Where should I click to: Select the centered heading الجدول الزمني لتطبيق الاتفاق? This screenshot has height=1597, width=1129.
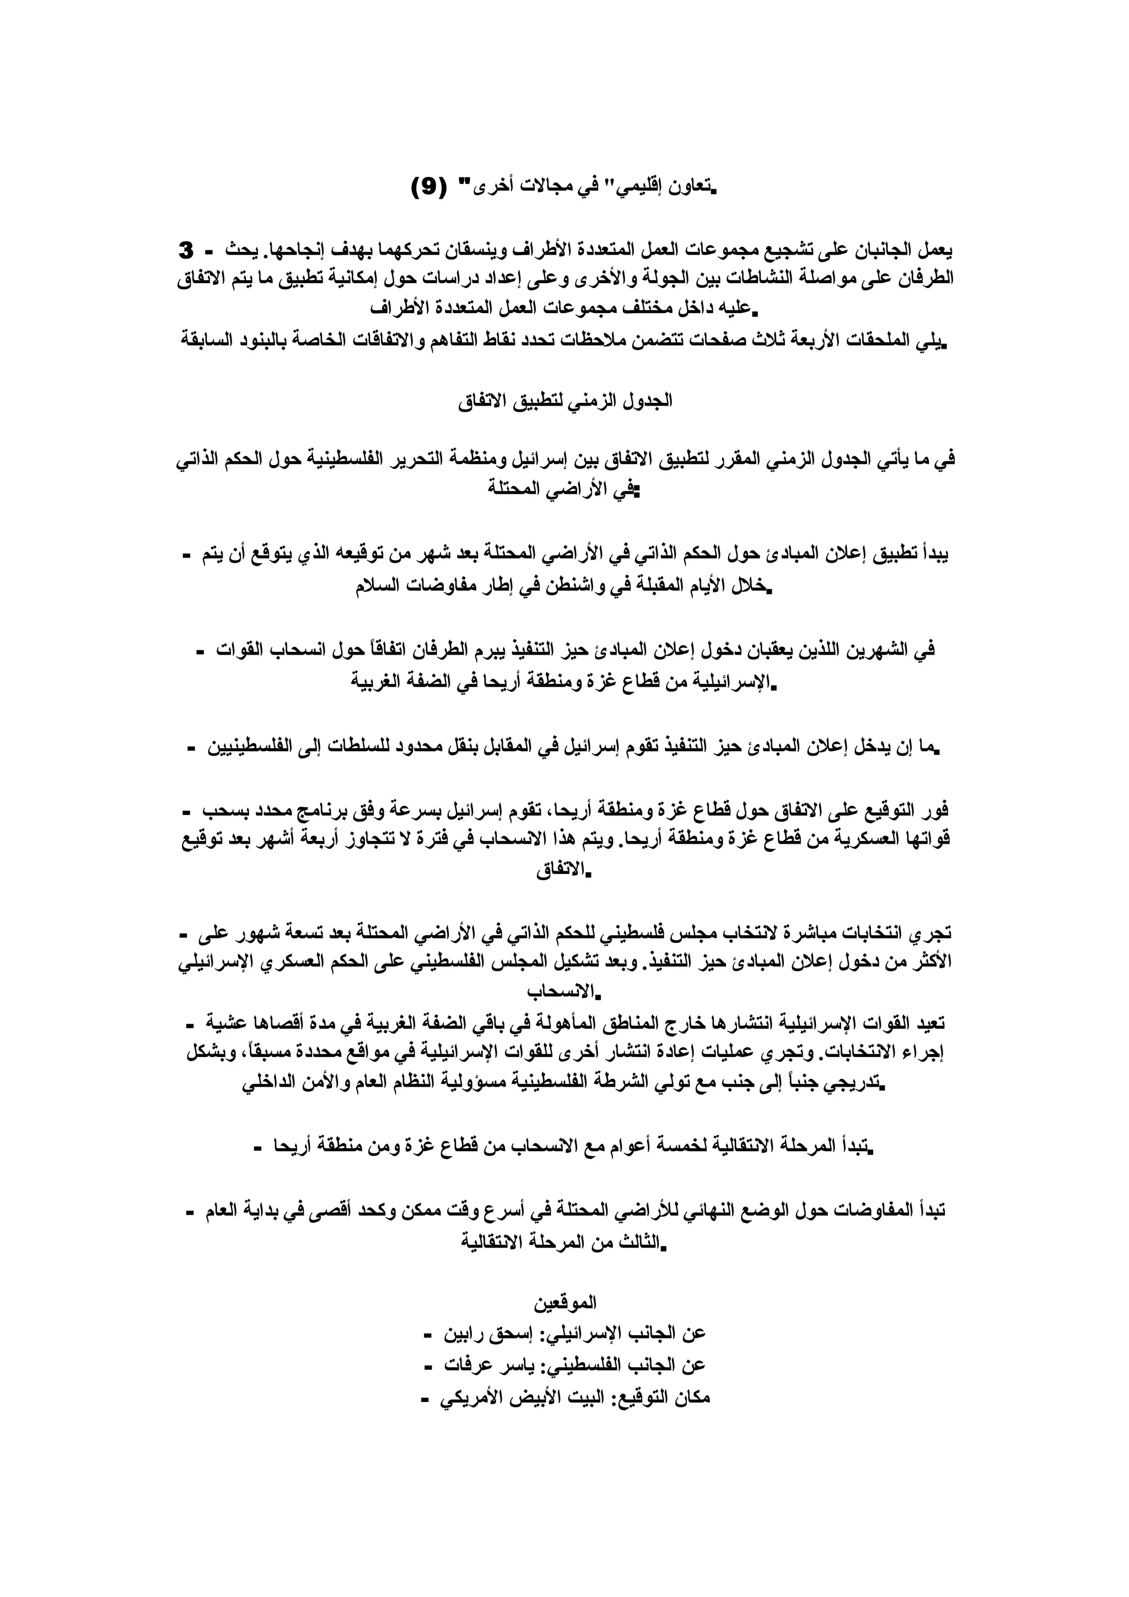pyautogui.click(x=565, y=402)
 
